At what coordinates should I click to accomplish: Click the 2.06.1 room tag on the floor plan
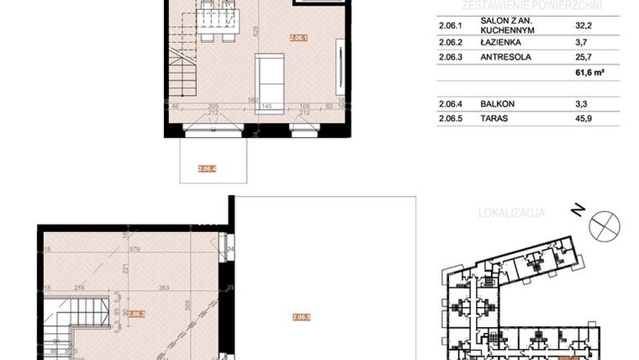pos(299,38)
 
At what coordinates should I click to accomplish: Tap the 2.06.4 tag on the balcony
pos(208,169)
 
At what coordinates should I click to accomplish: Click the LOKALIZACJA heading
pos(511,214)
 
